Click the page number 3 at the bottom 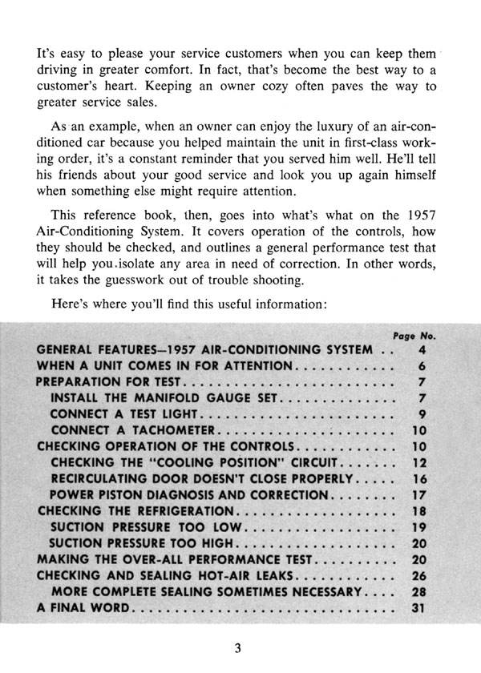tap(238, 648)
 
